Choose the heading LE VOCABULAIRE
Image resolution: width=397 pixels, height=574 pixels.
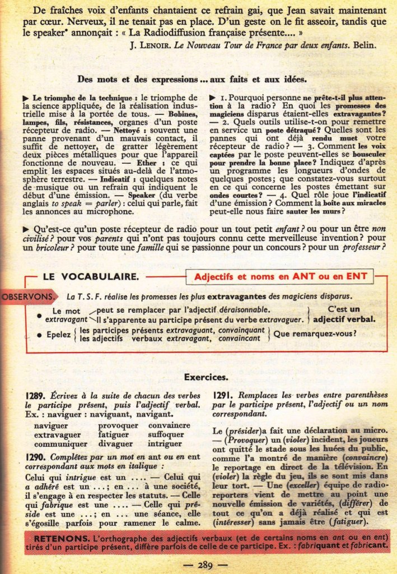tap(90, 276)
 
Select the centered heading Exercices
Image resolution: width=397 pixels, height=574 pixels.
tap(205, 377)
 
